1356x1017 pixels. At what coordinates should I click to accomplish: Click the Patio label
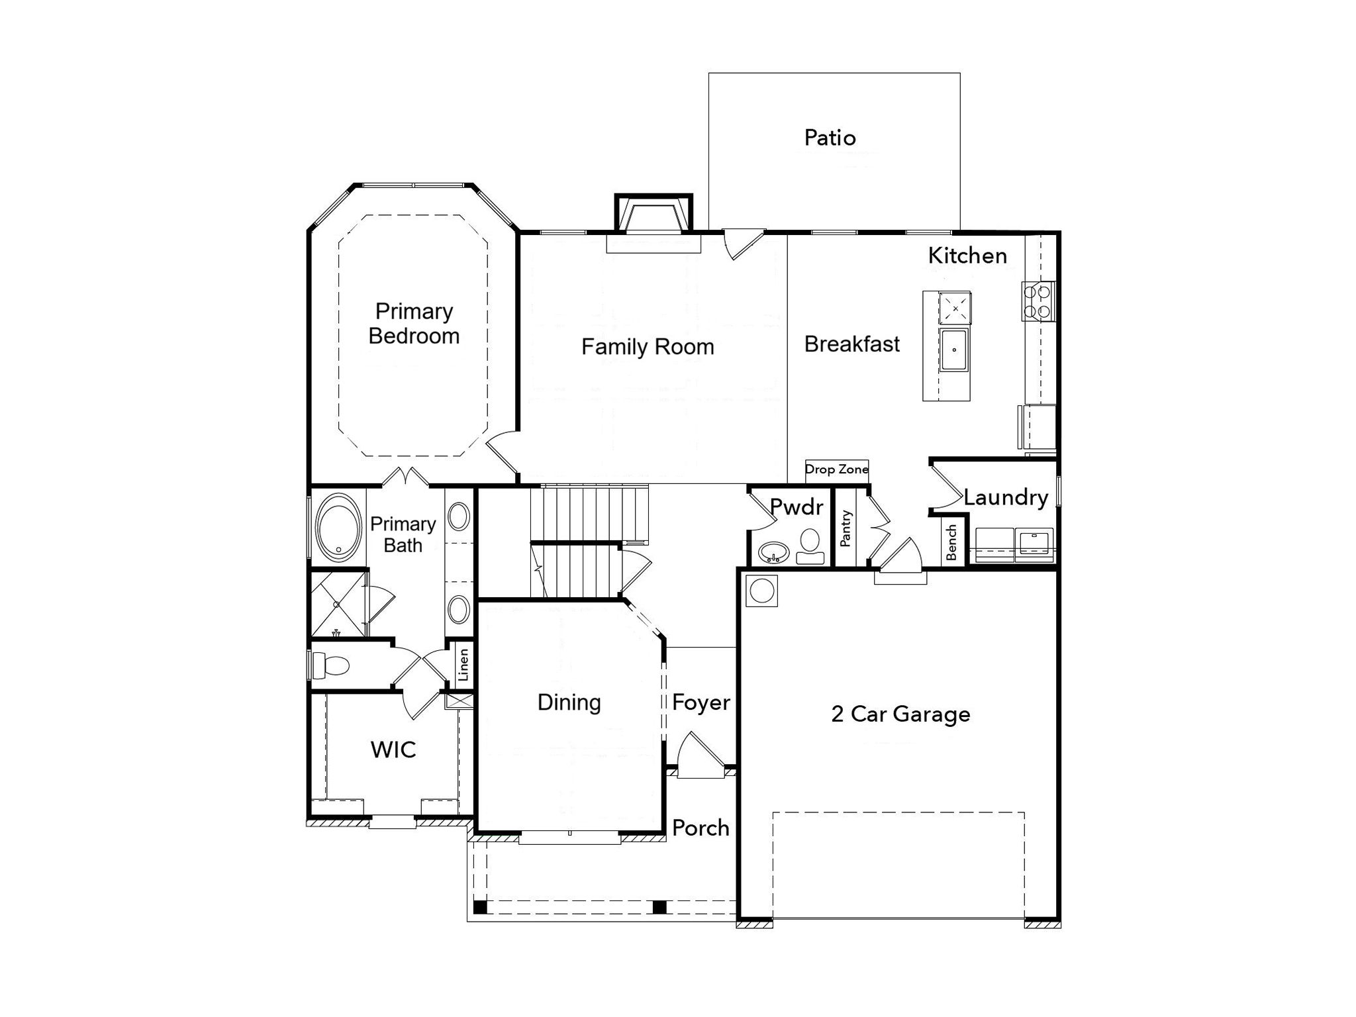[830, 138]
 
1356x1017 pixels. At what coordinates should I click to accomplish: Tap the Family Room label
[648, 346]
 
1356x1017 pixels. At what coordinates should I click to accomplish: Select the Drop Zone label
[836, 469]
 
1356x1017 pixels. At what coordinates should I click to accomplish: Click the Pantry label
[845, 528]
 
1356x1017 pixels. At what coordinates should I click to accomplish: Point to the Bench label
[951, 542]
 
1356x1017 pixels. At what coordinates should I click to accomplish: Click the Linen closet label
[463, 664]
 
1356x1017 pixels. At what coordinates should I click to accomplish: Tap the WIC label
[393, 750]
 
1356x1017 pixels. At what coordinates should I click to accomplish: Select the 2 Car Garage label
[900, 714]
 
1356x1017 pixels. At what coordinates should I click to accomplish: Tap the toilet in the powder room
[810, 546]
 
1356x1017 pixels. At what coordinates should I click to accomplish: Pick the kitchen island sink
[954, 349]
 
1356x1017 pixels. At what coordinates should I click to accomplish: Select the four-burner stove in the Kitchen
[1038, 302]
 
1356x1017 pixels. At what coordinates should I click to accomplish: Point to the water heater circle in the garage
[761, 591]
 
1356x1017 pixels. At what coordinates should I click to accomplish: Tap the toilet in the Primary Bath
[330, 665]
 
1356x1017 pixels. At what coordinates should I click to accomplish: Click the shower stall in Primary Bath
[338, 605]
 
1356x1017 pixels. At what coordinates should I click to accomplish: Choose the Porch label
[701, 828]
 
